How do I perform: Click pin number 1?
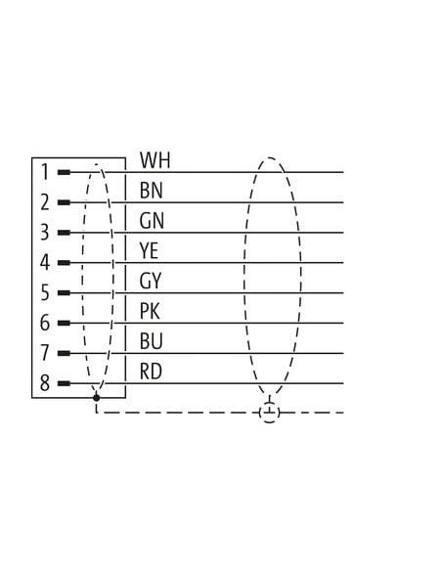(x=45, y=172)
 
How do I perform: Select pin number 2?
(x=45, y=202)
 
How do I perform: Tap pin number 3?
(x=45, y=233)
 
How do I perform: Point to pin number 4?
(x=45, y=263)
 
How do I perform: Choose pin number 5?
(x=45, y=292)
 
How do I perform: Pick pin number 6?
(x=45, y=323)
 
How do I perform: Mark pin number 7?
(x=45, y=353)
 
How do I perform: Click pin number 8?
(x=45, y=383)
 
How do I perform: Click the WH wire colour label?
(x=155, y=160)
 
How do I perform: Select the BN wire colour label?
(x=152, y=191)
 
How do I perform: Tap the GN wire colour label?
(x=152, y=221)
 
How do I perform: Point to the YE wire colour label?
(x=149, y=251)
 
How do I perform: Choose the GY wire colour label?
(x=151, y=282)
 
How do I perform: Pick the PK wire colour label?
(x=150, y=311)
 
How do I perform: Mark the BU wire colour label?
(x=152, y=341)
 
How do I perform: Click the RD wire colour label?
(x=152, y=372)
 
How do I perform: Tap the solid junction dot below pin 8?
(x=96, y=397)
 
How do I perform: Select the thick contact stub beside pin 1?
(x=65, y=172)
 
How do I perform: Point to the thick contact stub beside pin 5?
(x=65, y=292)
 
